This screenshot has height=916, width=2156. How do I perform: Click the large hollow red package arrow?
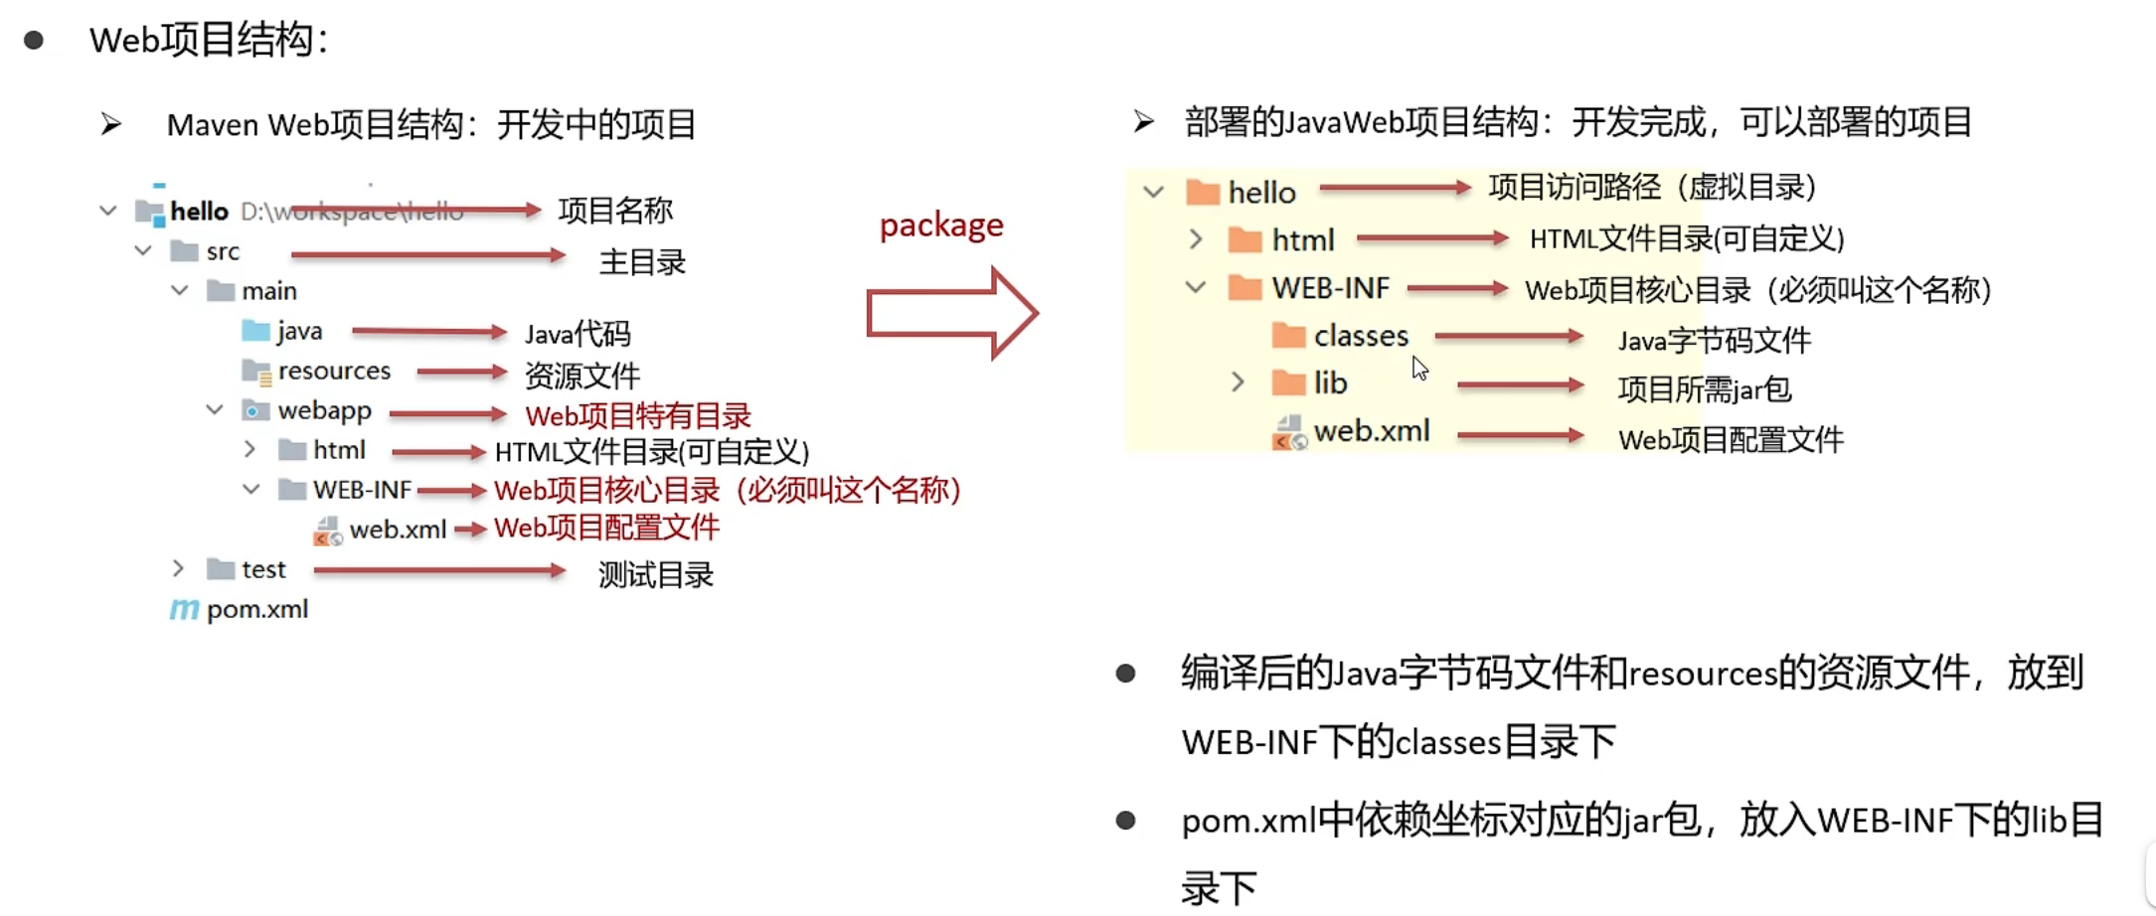pyautogui.click(x=951, y=313)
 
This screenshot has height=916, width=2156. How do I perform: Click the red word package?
pyautogui.click(x=941, y=226)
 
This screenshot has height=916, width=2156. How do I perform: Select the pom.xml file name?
pyautogui.click(x=257, y=609)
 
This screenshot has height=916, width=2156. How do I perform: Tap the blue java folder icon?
pyautogui.click(x=255, y=330)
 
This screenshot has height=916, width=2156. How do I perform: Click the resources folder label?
pyautogui.click(x=334, y=371)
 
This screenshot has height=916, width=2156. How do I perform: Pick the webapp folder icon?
pyautogui.click(x=255, y=410)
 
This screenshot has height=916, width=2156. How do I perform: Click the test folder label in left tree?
pyautogui.click(x=263, y=569)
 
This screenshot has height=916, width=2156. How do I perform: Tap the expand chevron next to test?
pyautogui.click(x=178, y=568)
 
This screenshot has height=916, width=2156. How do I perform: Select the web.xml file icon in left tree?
pyautogui.click(x=327, y=531)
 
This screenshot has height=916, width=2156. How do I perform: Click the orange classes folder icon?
pyautogui.click(x=1288, y=336)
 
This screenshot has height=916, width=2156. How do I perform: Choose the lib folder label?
pyautogui.click(x=1330, y=383)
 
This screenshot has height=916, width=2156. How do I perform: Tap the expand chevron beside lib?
pyautogui.click(x=1238, y=382)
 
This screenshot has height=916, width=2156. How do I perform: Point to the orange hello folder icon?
pyautogui.click(x=1203, y=192)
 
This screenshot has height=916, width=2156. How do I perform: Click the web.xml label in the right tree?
pyautogui.click(x=1371, y=431)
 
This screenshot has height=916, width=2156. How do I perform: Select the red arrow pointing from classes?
pyautogui.click(x=1508, y=337)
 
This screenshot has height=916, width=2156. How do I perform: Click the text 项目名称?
pyautogui.click(x=615, y=211)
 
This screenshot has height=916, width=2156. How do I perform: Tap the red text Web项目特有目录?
pyautogui.click(x=638, y=415)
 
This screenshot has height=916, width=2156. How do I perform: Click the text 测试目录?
pyautogui.click(x=655, y=574)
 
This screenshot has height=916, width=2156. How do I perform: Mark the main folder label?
pyautogui.click(x=269, y=291)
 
